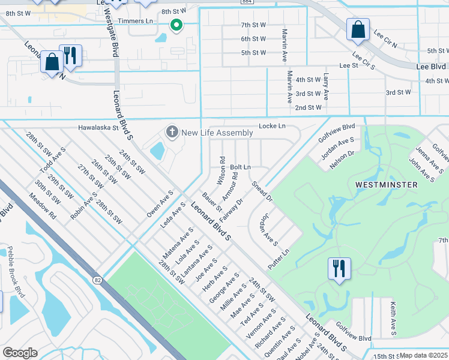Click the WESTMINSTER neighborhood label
(386, 185)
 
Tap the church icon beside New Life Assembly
(172, 132)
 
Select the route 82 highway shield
(97, 280)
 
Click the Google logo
(20, 353)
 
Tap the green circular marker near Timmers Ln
(176, 25)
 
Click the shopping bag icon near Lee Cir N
(358, 31)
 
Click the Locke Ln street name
(272, 126)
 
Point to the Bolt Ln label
(240, 167)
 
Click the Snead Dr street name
(262, 191)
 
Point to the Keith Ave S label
(394, 317)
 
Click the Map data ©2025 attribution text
(424, 355)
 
